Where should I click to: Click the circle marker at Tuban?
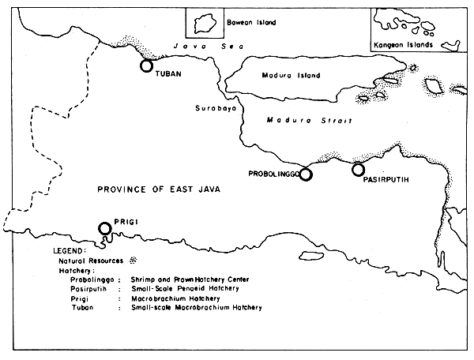click(146, 66)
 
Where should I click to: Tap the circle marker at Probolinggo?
click(306, 174)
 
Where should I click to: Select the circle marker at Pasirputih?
click(358, 169)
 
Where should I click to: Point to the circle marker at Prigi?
click(104, 229)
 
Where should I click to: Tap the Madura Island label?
click(291, 76)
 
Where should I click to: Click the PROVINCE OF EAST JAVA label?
click(158, 189)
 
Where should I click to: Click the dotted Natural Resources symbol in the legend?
click(133, 260)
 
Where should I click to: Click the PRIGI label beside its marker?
click(126, 223)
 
